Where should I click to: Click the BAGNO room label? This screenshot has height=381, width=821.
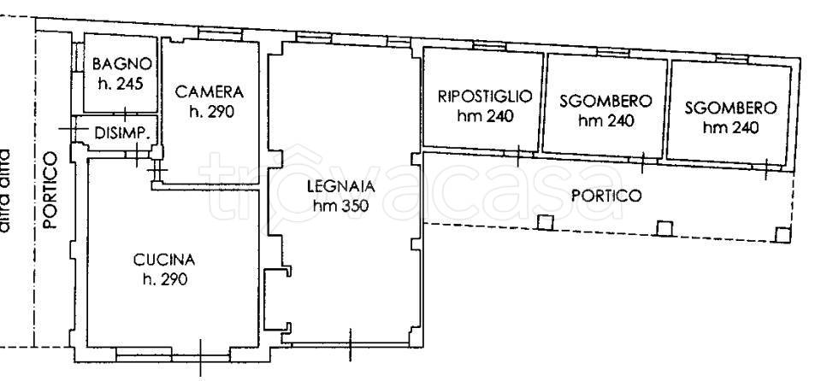(x=122, y=63)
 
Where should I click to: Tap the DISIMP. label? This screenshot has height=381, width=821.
(x=123, y=133)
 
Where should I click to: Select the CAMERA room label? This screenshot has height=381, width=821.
(x=210, y=92)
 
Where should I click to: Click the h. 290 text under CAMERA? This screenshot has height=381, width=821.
(x=210, y=111)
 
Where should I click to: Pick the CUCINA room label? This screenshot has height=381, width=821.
(x=165, y=259)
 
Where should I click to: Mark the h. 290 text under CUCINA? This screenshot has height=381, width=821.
(x=165, y=278)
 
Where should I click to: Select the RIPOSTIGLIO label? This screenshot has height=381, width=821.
(x=485, y=96)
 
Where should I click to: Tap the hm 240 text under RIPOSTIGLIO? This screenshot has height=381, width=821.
(x=485, y=116)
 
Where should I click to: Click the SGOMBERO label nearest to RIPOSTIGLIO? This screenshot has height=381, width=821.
(x=605, y=101)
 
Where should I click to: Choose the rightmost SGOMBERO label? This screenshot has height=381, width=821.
(x=730, y=108)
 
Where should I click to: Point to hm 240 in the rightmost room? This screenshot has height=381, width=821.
(x=730, y=128)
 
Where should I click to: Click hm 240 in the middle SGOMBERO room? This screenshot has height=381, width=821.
(x=605, y=120)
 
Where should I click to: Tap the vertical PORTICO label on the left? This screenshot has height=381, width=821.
(x=50, y=190)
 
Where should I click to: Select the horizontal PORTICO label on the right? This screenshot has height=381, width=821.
(x=605, y=196)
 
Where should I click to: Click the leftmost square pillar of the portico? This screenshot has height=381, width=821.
(x=545, y=224)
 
